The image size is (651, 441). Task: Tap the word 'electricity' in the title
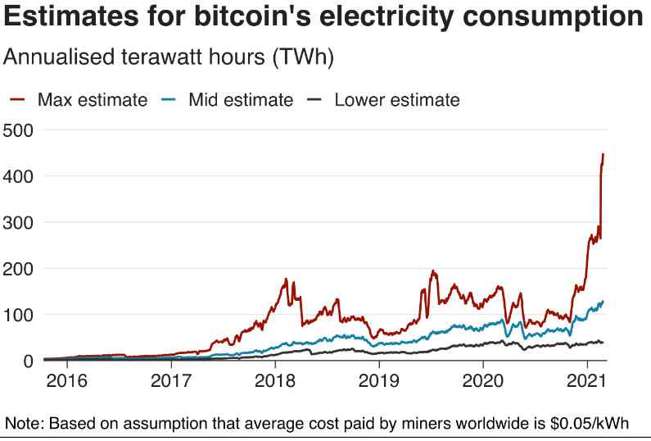click(405, 18)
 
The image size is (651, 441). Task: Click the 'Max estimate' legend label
click(93, 100)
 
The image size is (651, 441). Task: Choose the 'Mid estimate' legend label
click(241, 100)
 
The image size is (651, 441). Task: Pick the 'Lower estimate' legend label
click(397, 100)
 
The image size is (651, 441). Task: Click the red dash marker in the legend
click(19, 100)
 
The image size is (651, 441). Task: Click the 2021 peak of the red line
click(604, 154)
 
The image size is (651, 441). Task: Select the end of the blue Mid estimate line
click(604, 302)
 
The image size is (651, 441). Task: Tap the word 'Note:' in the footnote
click(25, 424)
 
